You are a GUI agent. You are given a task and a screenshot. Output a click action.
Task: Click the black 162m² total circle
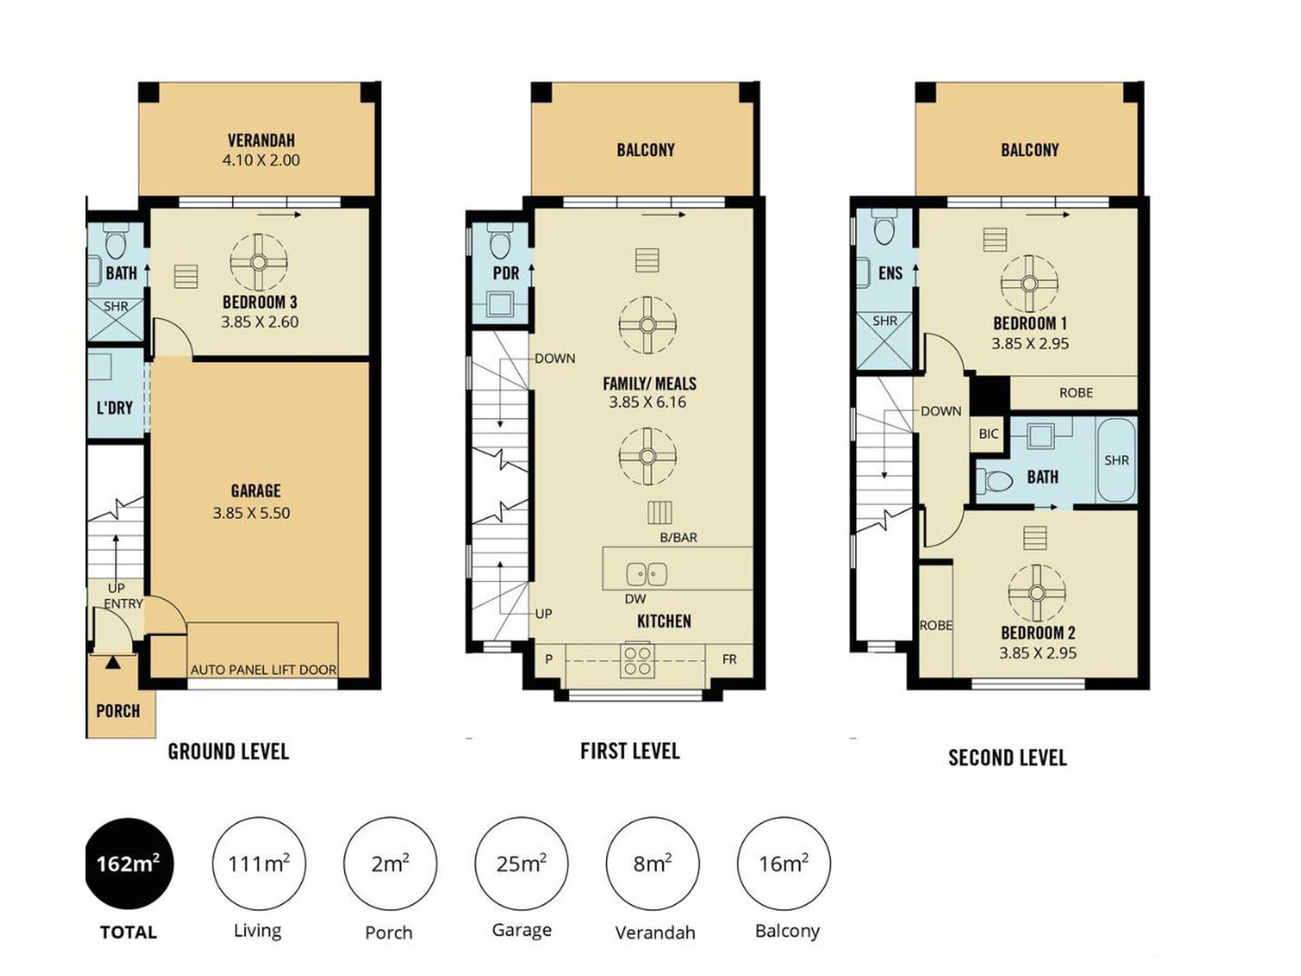click(129, 864)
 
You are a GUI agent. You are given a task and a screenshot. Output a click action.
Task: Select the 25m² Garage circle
click(521, 864)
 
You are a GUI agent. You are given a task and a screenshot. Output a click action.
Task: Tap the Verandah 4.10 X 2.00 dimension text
click(261, 160)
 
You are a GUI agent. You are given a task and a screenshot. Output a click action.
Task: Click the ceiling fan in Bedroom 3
click(259, 262)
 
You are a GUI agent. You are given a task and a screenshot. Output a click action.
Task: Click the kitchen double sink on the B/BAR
click(647, 573)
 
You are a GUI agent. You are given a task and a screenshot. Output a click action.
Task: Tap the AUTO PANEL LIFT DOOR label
click(264, 670)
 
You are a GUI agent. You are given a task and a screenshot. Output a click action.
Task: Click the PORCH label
click(118, 711)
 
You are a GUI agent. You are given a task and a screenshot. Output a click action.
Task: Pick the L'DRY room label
click(114, 408)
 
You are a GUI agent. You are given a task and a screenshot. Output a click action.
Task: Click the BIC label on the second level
click(988, 434)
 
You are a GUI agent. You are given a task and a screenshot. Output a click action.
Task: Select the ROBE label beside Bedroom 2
click(935, 625)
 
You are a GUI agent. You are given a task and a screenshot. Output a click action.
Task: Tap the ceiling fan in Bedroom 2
click(1037, 593)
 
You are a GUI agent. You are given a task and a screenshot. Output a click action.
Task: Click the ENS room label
click(890, 273)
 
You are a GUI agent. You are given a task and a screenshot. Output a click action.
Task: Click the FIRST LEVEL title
click(630, 751)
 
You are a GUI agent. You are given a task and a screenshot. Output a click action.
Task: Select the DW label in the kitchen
click(635, 599)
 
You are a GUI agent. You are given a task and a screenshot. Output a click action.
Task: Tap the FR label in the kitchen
click(729, 659)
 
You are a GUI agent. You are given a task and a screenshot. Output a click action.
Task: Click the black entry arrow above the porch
click(113, 662)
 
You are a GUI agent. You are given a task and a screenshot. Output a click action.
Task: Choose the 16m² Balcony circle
click(783, 864)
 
